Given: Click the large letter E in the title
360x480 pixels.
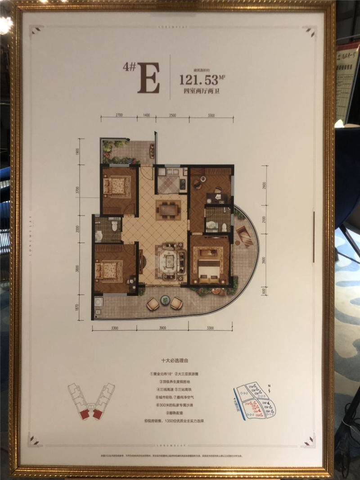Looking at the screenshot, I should tap(148, 77).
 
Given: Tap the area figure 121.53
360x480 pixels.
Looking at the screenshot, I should tap(198, 80).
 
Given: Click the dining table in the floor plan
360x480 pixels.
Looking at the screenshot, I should tap(168, 209).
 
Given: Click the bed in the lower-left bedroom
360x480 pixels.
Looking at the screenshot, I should tap(108, 271).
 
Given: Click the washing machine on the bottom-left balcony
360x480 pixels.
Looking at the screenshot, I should tap(98, 302).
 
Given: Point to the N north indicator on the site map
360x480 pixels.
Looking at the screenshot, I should tap(269, 386).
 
